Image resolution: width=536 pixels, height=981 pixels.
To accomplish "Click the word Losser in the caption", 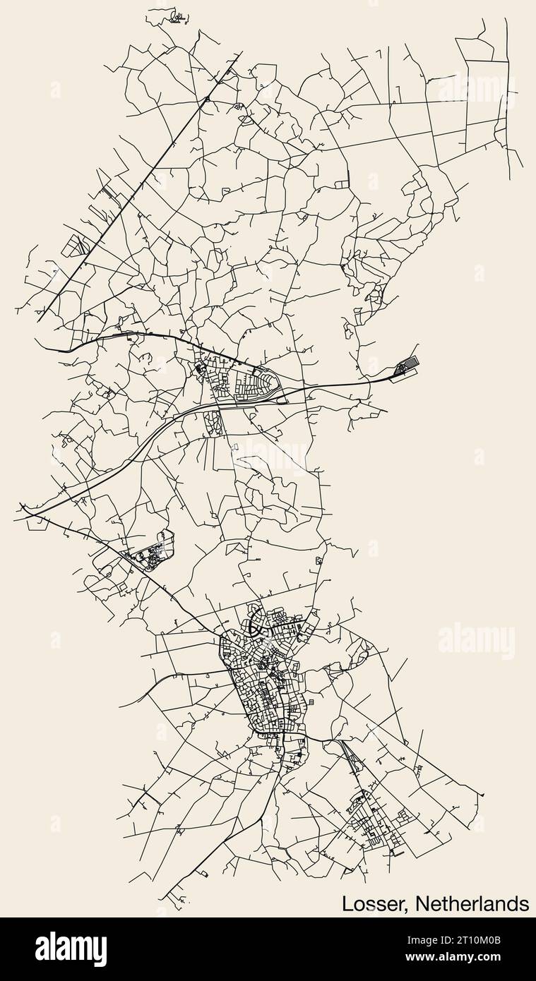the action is (373, 903).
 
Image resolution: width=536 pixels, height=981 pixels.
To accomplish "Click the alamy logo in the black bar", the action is (71, 949).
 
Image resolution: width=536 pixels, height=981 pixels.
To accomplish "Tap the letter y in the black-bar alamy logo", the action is (100, 952).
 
